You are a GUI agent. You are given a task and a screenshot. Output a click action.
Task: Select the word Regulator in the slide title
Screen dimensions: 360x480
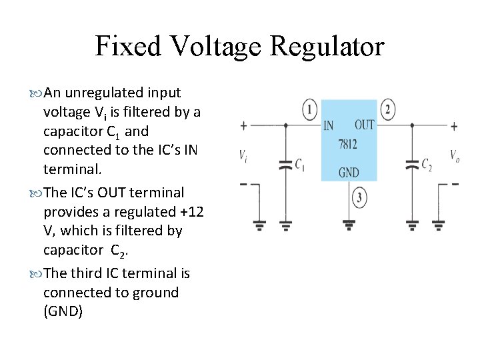(328, 47)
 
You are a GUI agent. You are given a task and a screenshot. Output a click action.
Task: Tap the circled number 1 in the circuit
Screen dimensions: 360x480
(309, 110)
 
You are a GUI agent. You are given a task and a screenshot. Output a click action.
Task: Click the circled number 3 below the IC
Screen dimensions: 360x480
(359, 197)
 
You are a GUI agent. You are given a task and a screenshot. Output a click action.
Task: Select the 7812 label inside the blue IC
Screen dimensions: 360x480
(348, 144)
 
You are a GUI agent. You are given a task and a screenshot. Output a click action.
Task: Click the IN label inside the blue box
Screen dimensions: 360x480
(329, 125)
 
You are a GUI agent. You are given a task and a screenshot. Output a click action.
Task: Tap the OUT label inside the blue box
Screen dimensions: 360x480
(364, 125)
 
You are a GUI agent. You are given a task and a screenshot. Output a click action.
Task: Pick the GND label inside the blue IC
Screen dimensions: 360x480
(349, 173)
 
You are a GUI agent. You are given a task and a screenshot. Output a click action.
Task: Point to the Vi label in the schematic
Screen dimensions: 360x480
(245, 155)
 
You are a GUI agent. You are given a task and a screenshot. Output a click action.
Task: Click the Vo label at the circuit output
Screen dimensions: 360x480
(454, 155)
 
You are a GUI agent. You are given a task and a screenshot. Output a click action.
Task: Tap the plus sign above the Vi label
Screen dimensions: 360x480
(243, 125)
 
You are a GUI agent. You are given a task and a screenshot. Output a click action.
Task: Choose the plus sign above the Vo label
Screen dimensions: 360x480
(454, 125)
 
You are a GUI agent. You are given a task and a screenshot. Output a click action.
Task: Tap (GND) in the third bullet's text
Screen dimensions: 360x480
(63, 311)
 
